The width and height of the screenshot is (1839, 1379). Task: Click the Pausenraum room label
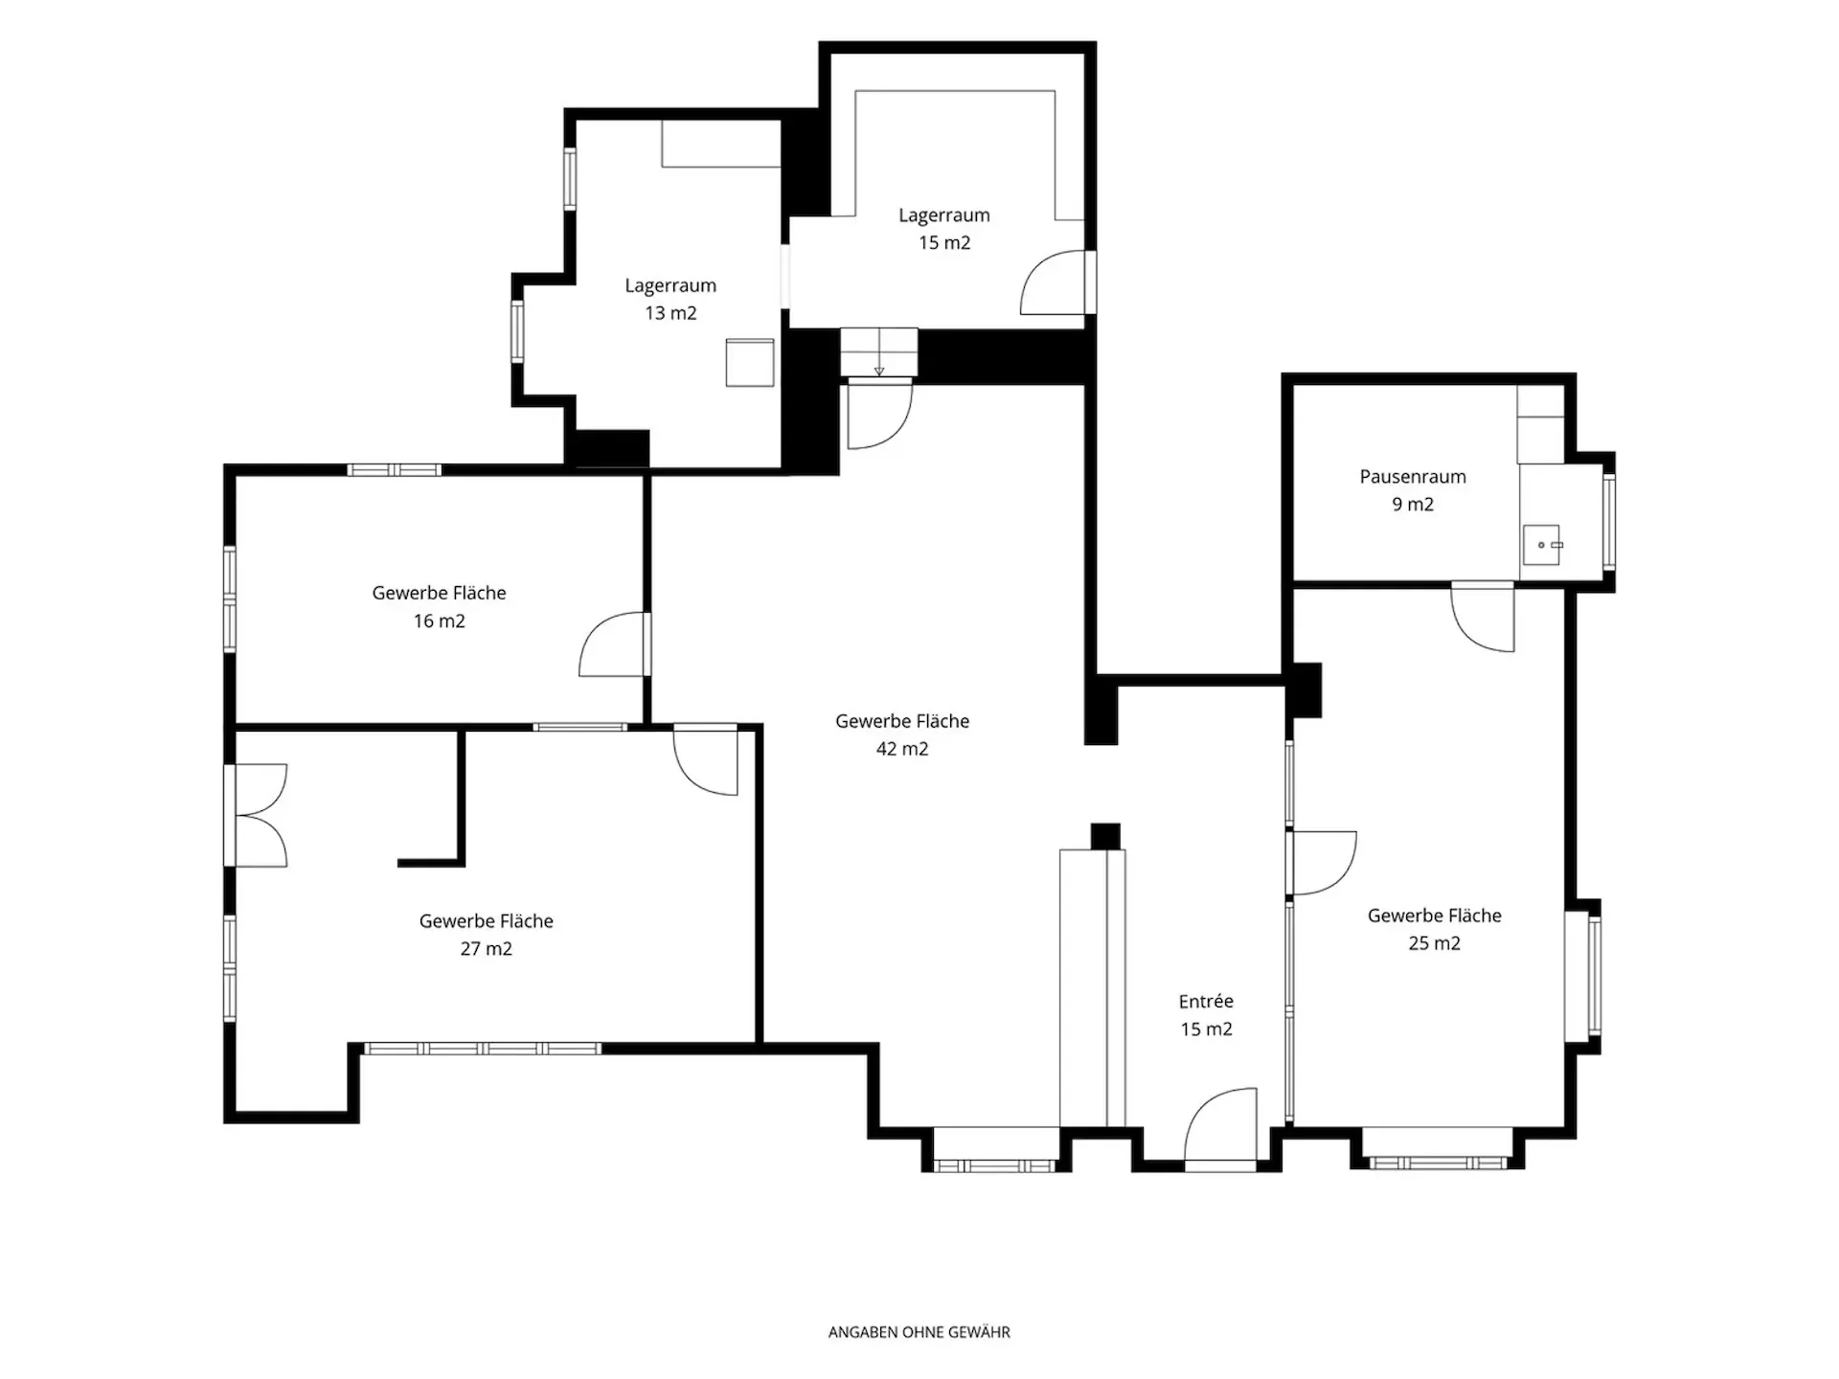click(x=1413, y=477)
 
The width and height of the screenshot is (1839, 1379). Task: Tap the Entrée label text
click(x=1206, y=1002)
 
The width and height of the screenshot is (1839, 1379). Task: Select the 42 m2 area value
click(x=902, y=749)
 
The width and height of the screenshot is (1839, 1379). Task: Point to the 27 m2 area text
click(x=487, y=949)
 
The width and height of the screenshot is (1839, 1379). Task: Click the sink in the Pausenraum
click(x=1542, y=545)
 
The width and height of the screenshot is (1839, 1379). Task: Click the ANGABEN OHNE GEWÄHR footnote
click(x=919, y=1332)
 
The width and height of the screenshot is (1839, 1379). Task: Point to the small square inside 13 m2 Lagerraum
click(x=750, y=362)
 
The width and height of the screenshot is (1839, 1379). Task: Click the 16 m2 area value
click(x=440, y=622)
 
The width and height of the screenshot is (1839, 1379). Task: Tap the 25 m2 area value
click(x=1435, y=943)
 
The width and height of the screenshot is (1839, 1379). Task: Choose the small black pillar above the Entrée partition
click(x=1105, y=836)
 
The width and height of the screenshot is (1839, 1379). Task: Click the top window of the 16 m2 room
click(x=394, y=470)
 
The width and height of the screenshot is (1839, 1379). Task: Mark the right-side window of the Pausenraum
click(x=1609, y=522)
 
